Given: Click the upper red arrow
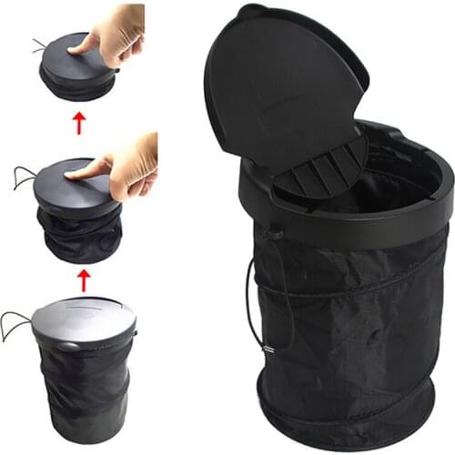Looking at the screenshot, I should click(x=81, y=122).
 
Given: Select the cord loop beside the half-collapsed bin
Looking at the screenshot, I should click(x=22, y=177).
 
